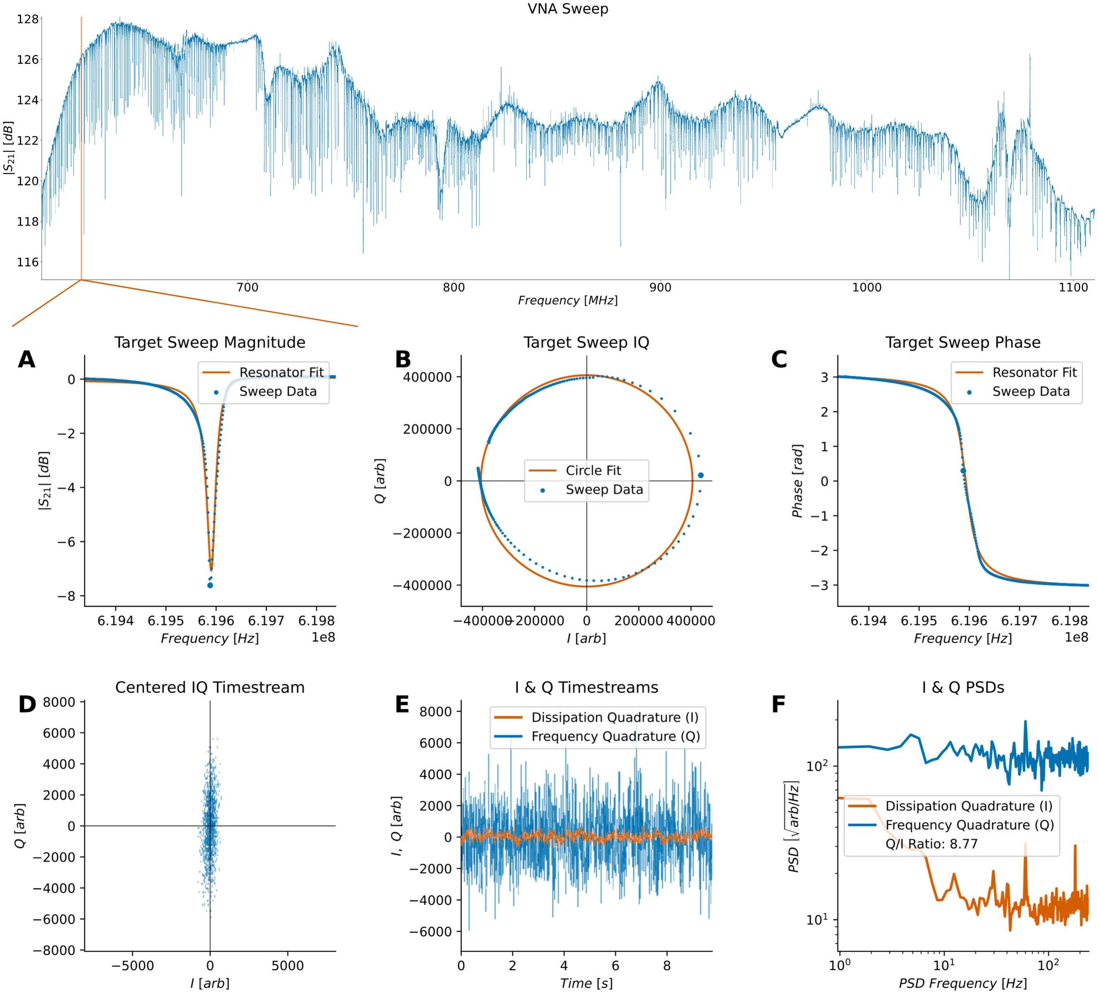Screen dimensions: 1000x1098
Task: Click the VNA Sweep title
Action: point(567,9)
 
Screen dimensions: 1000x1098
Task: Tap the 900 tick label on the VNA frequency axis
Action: point(660,287)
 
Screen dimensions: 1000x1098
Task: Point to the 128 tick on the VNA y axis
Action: point(28,19)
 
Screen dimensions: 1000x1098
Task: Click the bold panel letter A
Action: point(27,359)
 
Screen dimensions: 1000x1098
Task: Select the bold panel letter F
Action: point(778,704)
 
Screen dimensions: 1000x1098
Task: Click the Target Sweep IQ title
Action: point(586,342)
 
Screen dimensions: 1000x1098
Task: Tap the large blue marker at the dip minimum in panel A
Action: point(210,586)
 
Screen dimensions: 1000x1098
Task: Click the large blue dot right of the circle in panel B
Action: point(700,475)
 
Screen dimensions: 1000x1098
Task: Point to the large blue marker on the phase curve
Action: point(963,470)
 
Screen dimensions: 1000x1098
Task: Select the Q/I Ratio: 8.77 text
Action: point(931,844)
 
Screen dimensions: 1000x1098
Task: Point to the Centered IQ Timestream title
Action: point(210,687)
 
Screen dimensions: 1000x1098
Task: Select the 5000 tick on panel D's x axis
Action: point(287,966)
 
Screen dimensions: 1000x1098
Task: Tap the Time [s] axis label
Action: point(586,983)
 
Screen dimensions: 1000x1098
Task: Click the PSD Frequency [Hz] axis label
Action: point(963,983)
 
